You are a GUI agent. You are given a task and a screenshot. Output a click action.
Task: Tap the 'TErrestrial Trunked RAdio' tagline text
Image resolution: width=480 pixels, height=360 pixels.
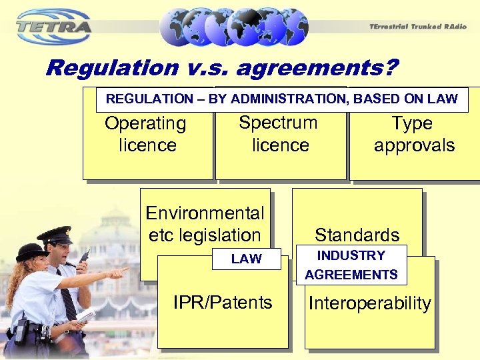point(417,26)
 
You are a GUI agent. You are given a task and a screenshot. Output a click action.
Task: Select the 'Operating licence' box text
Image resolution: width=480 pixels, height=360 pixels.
point(145,134)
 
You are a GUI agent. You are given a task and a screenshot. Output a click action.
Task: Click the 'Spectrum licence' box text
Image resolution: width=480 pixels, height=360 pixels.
point(279,133)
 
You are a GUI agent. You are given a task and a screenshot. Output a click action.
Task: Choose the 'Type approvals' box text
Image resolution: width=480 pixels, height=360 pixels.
point(413,134)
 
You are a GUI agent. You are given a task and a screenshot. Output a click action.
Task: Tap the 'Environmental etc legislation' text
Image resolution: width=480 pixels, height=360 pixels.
point(205,224)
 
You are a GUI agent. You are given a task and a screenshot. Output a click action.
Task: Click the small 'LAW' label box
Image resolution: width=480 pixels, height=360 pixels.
point(246,259)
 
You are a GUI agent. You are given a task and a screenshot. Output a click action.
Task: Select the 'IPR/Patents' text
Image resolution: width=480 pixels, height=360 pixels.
point(223,303)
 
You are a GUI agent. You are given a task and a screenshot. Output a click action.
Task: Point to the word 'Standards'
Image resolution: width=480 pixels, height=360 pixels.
point(357,235)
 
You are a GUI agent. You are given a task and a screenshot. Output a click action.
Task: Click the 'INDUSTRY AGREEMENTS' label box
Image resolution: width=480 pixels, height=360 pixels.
point(351,265)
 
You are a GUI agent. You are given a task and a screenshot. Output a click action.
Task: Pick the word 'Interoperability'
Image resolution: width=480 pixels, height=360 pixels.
point(369,304)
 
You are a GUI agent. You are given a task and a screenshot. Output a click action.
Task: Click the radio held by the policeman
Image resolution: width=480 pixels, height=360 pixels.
point(85,257)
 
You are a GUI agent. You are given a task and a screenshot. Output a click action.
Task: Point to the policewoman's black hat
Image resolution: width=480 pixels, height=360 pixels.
point(30,252)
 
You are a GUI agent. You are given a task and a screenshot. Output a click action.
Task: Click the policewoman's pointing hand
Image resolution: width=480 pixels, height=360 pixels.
point(120,272)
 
